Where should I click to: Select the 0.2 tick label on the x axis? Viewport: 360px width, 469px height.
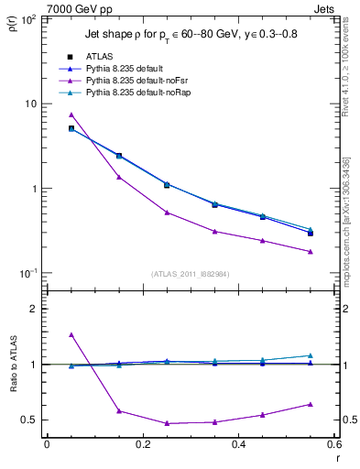click(x=142, y=446)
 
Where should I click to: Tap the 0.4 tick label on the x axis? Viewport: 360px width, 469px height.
click(x=238, y=446)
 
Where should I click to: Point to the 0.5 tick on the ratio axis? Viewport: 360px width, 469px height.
click(x=30, y=420)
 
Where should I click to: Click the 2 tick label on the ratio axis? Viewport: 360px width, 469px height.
click(x=34, y=309)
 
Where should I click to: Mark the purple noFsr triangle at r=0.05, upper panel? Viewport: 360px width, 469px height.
click(x=71, y=115)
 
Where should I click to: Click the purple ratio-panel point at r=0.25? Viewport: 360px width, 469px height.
click(x=167, y=423)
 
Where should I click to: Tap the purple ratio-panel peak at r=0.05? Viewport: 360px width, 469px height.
click(x=71, y=335)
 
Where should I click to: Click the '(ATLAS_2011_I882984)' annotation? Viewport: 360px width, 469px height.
click(x=190, y=274)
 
